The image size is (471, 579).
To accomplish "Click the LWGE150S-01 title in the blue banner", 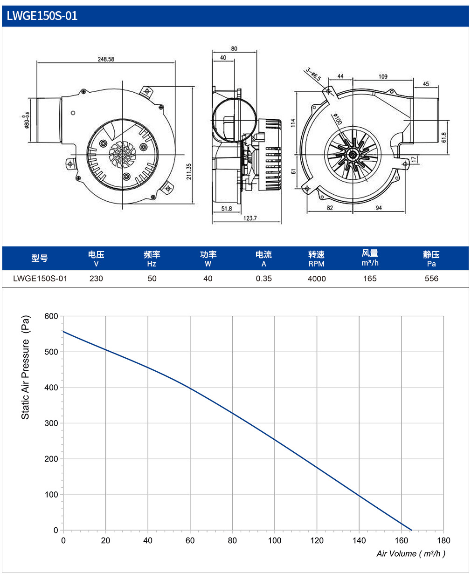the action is click(42, 16).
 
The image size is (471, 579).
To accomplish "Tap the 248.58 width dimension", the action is click(106, 59).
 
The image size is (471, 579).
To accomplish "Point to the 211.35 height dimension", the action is click(189, 171).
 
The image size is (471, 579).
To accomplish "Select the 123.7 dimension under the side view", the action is click(250, 218).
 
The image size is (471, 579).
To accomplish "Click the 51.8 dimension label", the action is click(226, 209).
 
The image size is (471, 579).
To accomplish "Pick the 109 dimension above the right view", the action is click(383, 77).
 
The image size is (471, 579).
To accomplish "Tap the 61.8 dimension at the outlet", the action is click(444, 137).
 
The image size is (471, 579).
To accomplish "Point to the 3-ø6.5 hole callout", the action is click(313, 74).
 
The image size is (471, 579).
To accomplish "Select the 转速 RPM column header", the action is click(316, 259).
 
